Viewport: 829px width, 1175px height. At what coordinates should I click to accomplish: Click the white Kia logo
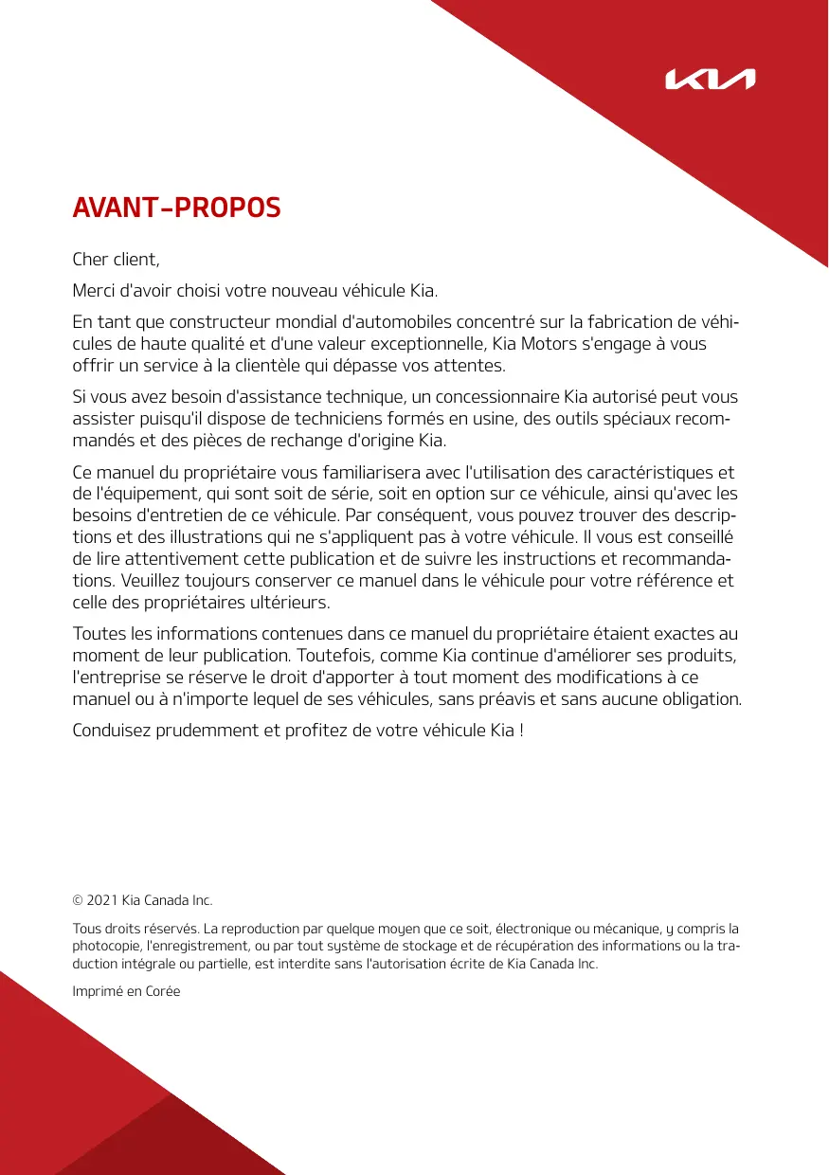coord(710,80)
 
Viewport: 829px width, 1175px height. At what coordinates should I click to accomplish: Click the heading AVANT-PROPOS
coord(177,208)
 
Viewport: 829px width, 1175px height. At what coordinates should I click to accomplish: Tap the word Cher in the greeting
coord(92,259)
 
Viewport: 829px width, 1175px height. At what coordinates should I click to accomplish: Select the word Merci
coord(95,289)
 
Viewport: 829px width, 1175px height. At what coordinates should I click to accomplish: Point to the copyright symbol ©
coord(78,898)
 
